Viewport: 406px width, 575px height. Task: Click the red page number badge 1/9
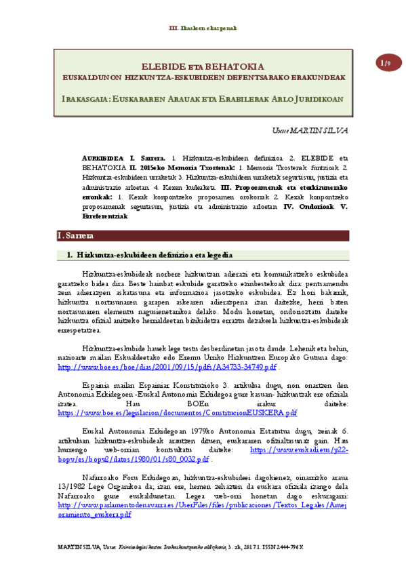pos(386,63)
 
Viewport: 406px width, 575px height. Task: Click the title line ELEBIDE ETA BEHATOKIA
pos(202,67)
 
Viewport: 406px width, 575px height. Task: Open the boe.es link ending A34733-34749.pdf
pos(167,367)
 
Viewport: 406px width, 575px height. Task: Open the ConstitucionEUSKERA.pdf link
pos(178,412)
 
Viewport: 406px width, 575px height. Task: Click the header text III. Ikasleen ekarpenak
pos(203,28)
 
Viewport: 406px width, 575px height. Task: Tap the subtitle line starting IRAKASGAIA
pos(203,99)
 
